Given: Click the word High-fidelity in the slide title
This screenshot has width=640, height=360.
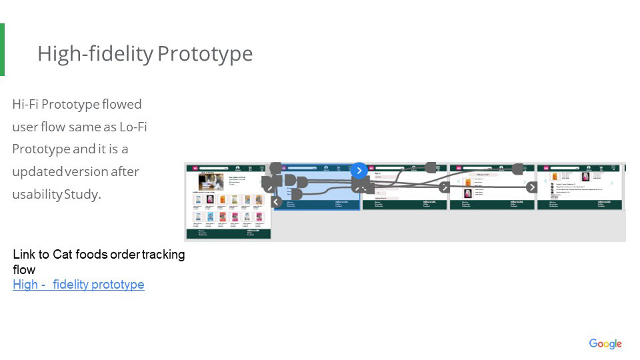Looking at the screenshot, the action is [x=95, y=53].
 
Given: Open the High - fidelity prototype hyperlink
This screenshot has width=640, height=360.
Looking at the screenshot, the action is [x=79, y=285].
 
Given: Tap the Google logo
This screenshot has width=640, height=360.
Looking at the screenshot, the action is [x=605, y=344].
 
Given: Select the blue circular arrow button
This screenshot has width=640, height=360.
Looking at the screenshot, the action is [x=359, y=171].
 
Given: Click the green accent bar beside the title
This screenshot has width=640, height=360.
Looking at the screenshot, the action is [x=2, y=49].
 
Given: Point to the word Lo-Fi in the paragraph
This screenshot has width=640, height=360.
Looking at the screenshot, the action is [x=133, y=127].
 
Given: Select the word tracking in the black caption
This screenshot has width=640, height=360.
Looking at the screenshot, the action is [x=164, y=254].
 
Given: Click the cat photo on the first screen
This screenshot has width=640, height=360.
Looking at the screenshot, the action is [x=211, y=182].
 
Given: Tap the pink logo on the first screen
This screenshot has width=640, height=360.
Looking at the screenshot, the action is [x=196, y=169].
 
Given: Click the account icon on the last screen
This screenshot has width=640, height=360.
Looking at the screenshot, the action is [x=589, y=168].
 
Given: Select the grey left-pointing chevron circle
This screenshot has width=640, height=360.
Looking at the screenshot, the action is [x=277, y=202].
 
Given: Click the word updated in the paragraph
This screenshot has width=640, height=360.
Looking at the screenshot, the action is [x=37, y=172].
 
